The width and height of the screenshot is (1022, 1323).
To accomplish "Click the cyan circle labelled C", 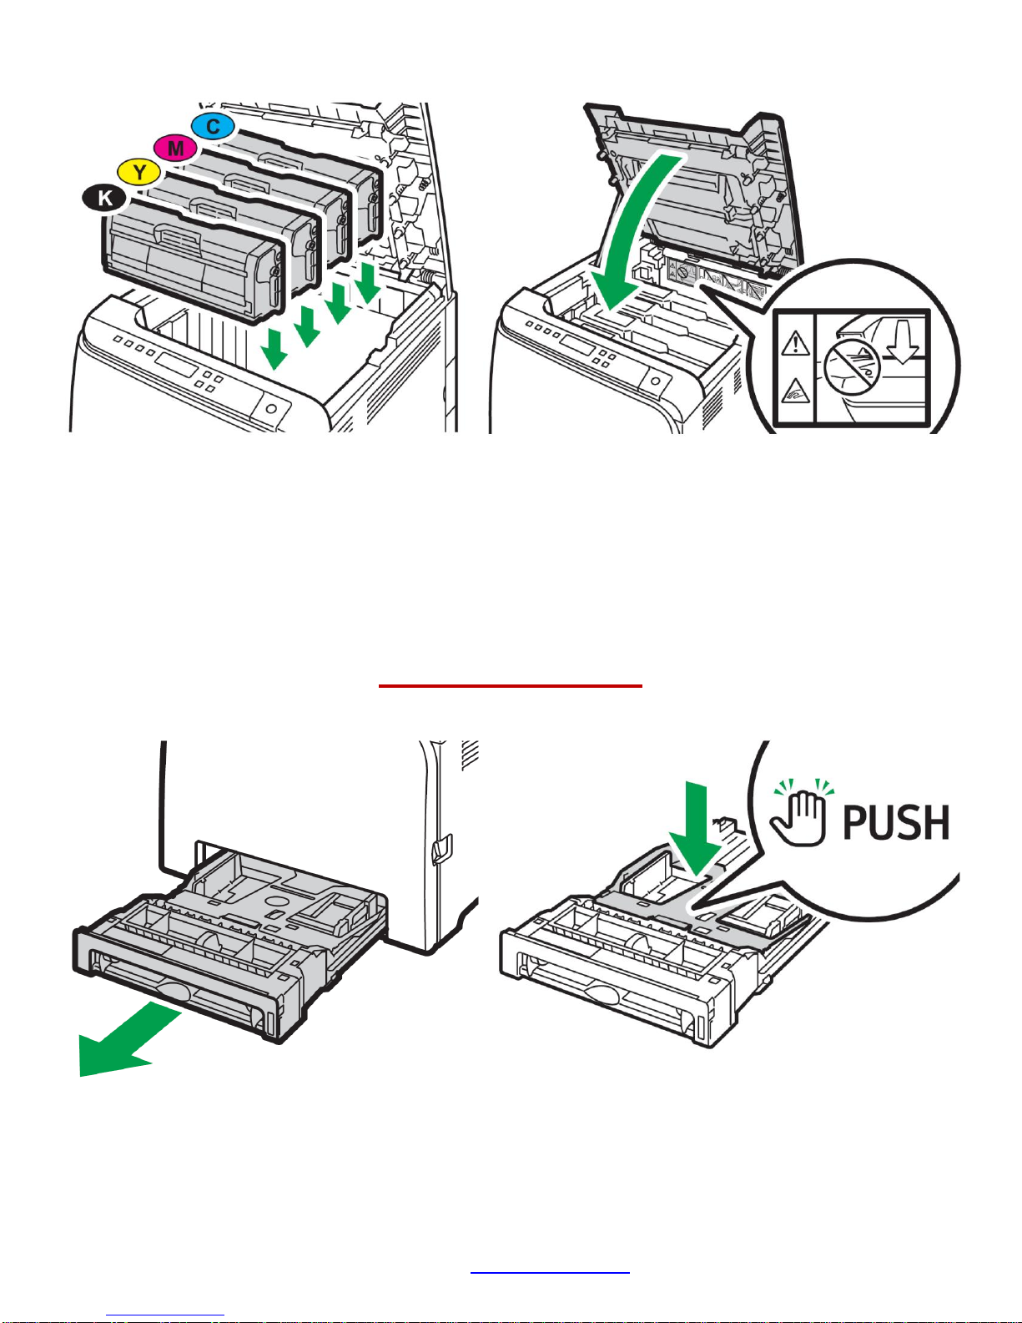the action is pos(213,127).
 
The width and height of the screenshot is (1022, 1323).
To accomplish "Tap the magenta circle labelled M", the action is pos(175,148).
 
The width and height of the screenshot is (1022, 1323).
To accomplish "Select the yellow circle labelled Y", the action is pos(139,172).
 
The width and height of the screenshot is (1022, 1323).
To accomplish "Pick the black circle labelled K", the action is pos(104,199).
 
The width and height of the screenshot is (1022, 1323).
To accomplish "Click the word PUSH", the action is pos(896,822).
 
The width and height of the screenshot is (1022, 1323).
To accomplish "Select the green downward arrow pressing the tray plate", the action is pos(695,829).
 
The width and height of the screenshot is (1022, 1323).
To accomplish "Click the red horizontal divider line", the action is pos(511,685).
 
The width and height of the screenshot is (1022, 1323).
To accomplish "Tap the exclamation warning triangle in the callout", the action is pos(794,344).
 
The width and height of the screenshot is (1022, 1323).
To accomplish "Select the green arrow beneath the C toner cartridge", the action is pos(368,282).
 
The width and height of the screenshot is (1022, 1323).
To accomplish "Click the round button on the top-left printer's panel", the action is pos(271,408).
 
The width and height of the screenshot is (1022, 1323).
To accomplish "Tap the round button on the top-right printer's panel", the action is pos(655,381).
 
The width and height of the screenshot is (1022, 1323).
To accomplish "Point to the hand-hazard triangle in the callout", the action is pos(794,391).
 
